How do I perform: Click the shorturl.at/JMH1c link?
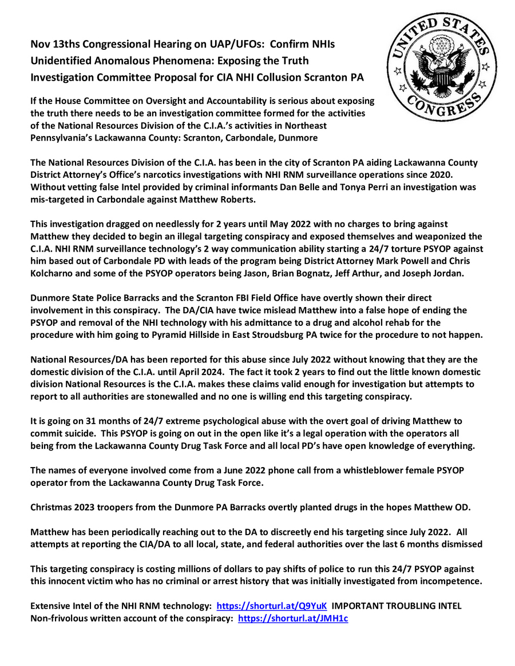[292, 619]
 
